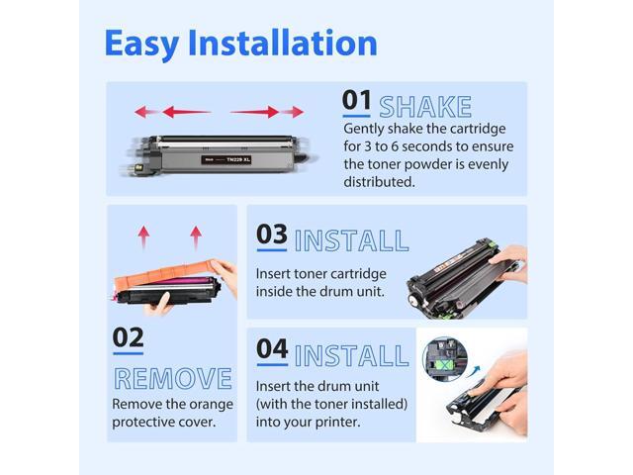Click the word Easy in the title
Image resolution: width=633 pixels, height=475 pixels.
(x=141, y=44)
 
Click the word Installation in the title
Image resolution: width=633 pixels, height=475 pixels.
(x=283, y=43)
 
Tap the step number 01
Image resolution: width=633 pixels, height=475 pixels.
(x=356, y=100)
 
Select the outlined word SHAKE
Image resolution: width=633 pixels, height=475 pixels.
(x=425, y=107)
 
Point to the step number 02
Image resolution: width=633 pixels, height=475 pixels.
(x=128, y=337)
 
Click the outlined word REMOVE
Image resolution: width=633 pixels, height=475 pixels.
(x=173, y=378)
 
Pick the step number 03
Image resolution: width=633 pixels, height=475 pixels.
(x=272, y=234)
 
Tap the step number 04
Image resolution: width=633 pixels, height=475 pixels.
(x=272, y=348)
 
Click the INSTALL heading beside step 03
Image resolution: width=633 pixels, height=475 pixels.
(x=352, y=240)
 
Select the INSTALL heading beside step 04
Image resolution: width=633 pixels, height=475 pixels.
(x=352, y=355)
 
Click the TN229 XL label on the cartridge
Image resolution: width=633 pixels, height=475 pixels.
(x=226, y=160)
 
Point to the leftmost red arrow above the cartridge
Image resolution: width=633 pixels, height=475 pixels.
(x=146, y=112)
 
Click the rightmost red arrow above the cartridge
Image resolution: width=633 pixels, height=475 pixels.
(x=293, y=112)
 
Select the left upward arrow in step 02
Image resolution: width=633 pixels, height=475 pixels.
(x=143, y=237)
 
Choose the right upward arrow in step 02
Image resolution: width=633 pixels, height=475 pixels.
(x=196, y=237)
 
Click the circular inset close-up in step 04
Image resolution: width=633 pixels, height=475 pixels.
(x=445, y=358)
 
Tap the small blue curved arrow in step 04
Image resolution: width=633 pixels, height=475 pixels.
(x=473, y=371)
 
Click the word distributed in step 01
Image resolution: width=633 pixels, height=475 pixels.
(x=379, y=182)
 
